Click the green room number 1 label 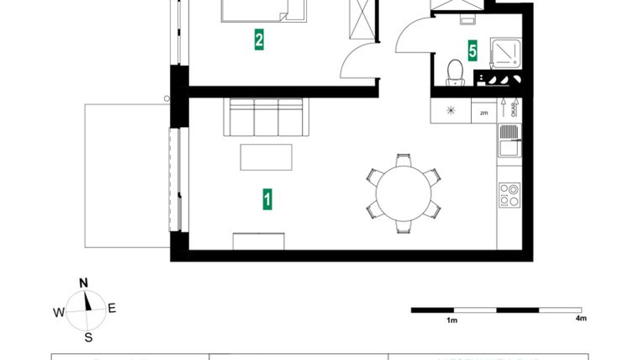pyautogui.click(x=267, y=199)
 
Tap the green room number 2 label pyautogui.click(x=260, y=39)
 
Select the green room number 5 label pyautogui.click(x=473, y=50)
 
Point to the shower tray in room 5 pyautogui.click(x=505, y=52)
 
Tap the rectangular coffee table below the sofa pyautogui.click(x=267, y=157)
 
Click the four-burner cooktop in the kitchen pyautogui.click(x=509, y=195)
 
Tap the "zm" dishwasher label pyautogui.click(x=483, y=111)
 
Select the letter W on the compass pyautogui.click(x=58, y=312)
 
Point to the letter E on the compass pyautogui.click(x=112, y=308)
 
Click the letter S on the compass pyautogui.click(x=87, y=338)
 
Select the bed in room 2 pyautogui.click(x=263, y=10)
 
